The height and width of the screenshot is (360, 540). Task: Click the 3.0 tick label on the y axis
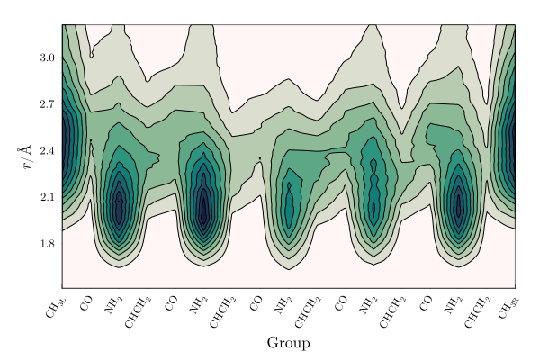(47, 58)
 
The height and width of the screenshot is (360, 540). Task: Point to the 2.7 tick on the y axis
(47, 103)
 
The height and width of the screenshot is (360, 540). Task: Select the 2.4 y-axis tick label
(47, 150)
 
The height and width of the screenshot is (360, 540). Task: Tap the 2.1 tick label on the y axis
(47, 196)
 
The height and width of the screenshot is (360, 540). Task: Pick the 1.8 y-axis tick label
(47, 243)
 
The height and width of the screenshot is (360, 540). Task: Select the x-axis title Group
(289, 343)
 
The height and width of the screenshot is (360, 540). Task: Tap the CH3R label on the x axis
(508, 304)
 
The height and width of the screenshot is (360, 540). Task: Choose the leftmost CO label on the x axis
(86, 299)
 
